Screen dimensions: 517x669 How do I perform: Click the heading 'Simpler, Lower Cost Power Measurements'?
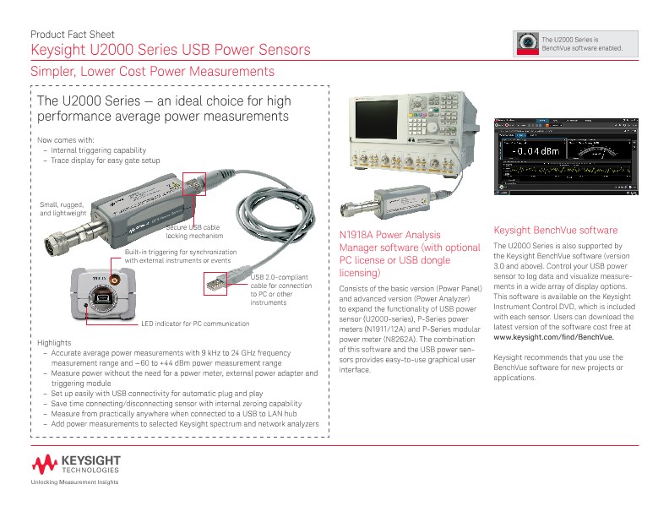click(x=152, y=73)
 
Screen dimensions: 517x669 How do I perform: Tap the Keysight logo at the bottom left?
click(x=77, y=464)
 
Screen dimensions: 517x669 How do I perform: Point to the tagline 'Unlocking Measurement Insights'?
click(x=74, y=482)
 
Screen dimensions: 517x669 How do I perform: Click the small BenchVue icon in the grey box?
click(x=528, y=43)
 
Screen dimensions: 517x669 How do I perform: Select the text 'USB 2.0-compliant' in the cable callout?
click(x=280, y=277)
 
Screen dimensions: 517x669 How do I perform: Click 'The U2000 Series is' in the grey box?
click(x=569, y=40)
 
